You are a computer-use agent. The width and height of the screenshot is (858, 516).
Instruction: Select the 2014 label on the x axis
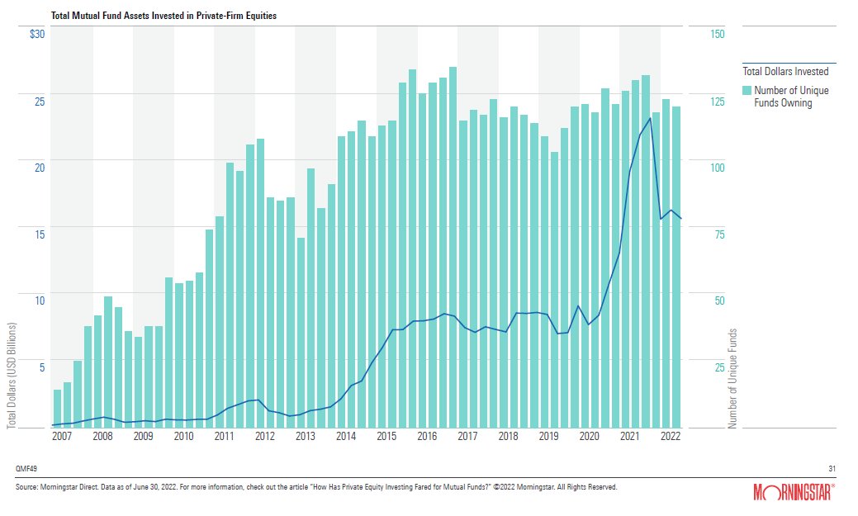(x=345, y=437)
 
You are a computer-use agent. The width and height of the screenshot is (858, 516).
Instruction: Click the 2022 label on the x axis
(x=670, y=437)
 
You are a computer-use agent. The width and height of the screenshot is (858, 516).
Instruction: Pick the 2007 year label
(x=61, y=437)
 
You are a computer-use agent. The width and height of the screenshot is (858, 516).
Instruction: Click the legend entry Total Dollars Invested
(x=785, y=72)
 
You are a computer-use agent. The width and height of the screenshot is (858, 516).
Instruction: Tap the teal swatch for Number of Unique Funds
(x=747, y=90)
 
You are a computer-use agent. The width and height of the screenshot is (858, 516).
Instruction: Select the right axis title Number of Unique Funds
(x=732, y=378)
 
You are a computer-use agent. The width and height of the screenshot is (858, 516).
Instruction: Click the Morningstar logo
(x=795, y=493)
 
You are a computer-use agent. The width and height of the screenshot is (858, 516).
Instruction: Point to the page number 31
(x=832, y=468)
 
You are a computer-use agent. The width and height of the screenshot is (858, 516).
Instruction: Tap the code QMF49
(x=26, y=468)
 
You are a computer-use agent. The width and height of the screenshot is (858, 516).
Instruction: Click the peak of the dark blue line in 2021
(x=651, y=118)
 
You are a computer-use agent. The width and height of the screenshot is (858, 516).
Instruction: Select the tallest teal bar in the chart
(x=453, y=247)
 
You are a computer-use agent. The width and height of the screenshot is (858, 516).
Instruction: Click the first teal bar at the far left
(x=57, y=408)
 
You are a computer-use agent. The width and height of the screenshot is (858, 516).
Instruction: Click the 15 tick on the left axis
(x=39, y=234)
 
